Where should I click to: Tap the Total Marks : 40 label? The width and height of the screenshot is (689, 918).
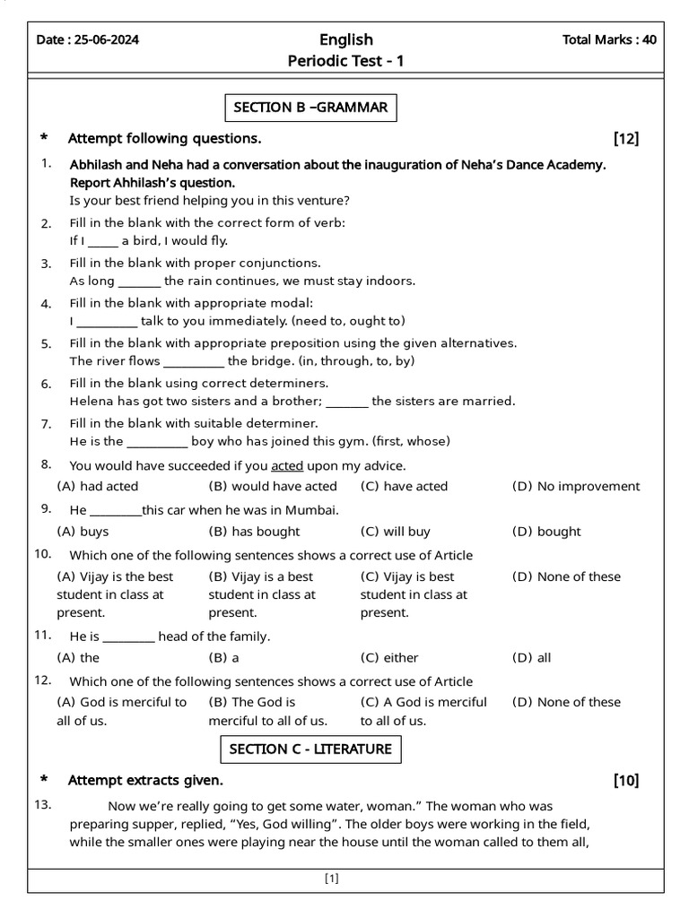coord(608,39)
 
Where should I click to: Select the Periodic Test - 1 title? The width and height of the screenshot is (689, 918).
coord(345,62)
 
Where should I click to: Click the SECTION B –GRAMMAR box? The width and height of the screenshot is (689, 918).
coord(310,108)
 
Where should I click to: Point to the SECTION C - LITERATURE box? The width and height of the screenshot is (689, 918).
coord(310,749)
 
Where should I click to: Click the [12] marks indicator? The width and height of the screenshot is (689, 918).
coord(626,138)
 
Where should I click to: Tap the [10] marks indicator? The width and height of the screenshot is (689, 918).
coord(626,780)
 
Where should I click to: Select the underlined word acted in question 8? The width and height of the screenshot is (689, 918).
coord(287,465)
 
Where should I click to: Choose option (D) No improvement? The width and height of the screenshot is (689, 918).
coord(576,486)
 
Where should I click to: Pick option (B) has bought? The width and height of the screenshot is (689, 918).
coord(254,532)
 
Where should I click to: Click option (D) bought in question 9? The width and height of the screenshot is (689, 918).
coord(546,532)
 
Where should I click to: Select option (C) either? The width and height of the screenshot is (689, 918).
coord(389,657)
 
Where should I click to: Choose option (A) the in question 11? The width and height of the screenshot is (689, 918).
coord(78,657)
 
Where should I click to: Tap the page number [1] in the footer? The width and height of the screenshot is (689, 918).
coord(332,879)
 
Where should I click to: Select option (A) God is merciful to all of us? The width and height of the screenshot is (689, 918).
coord(122,711)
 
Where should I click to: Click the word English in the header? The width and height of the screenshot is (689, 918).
coord(345,39)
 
